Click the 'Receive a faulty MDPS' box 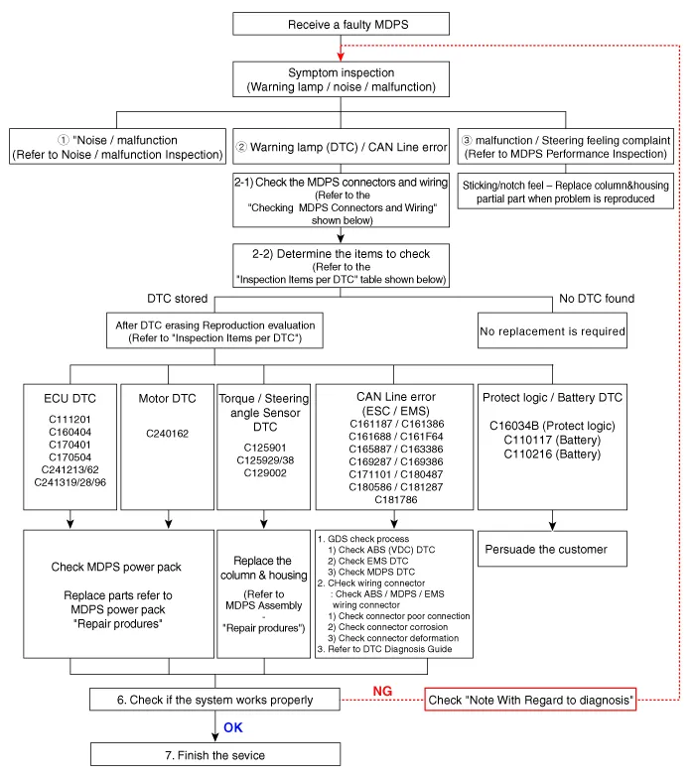tap(341, 25)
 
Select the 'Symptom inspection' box tap(341, 80)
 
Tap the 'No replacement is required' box tap(553, 331)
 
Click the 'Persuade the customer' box tap(547, 549)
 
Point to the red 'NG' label tap(383, 690)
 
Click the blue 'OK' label tap(233, 727)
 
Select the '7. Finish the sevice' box tap(214, 755)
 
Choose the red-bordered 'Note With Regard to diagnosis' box tap(531, 701)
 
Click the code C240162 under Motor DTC tap(168, 434)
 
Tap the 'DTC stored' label tap(179, 298)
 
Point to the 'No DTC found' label tap(596, 298)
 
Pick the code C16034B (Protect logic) tap(553, 426)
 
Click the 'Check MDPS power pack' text tap(117, 568)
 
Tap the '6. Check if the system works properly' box tap(213, 701)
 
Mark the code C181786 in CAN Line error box tap(395, 499)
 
